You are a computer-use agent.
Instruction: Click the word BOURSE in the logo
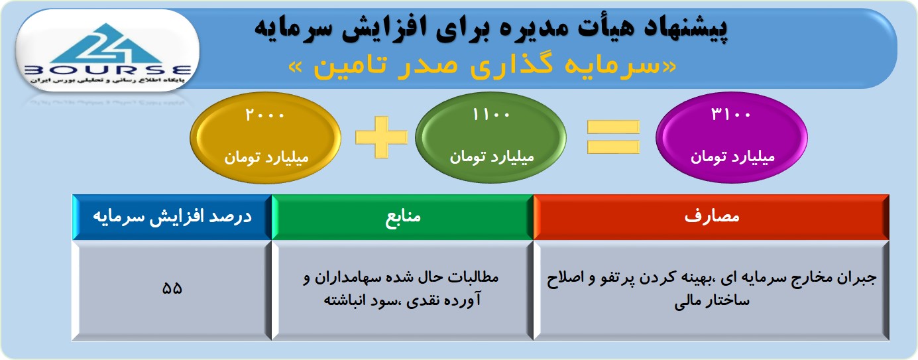[x=108, y=70]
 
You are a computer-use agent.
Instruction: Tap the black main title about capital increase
[x=491, y=28]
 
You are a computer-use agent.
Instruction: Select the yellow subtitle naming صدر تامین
[x=483, y=66]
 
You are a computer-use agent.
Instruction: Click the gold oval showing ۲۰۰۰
[x=266, y=137]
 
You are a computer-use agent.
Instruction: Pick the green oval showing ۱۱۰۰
[x=491, y=137]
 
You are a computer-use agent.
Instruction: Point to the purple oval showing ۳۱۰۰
[x=732, y=137]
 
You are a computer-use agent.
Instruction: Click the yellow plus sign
[x=381, y=137]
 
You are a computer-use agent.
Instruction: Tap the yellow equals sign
[x=613, y=137]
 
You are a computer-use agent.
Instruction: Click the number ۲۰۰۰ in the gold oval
[x=264, y=115]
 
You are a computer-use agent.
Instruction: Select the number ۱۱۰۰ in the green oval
[x=491, y=115]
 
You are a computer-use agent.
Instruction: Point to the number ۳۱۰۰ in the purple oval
[x=731, y=115]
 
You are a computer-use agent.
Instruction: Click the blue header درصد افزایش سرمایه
[x=172, y=217]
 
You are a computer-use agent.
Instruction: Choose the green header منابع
[x=402, y=217]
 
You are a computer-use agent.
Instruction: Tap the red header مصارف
[x=711, y=217]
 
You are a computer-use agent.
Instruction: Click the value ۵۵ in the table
[x=172, y=288]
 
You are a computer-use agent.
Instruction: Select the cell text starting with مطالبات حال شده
[x=401, y=288]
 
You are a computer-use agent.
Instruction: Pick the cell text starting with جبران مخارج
[x=711, y=289]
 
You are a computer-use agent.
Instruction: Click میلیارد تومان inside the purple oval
[x=732, y=157]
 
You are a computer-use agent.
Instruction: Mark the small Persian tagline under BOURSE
[x=107, y=80]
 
